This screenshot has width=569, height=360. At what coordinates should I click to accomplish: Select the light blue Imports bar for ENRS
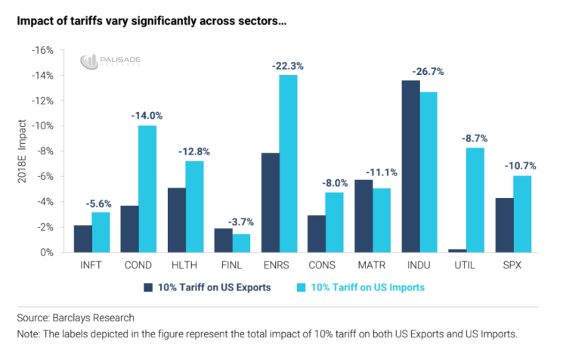(288, 163)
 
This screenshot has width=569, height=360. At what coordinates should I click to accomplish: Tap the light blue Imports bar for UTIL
(475, 200)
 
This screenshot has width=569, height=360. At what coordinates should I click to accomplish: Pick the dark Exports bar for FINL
(224, 241)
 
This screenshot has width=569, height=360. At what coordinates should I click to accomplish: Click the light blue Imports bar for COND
(147, 189)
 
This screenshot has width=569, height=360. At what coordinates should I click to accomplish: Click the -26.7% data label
(428, 72)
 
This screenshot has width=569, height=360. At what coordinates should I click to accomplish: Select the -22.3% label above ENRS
(287, 67)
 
